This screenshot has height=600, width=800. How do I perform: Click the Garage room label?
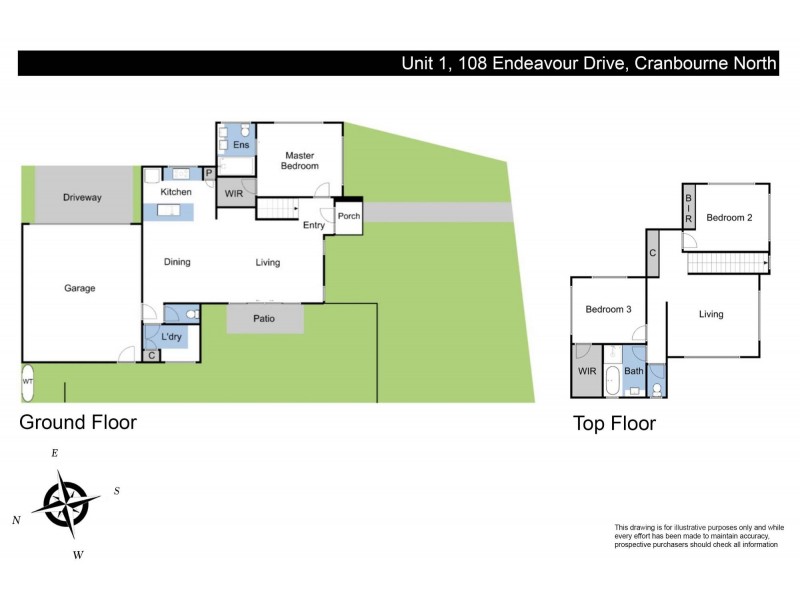(80, 288)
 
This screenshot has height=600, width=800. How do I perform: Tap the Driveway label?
(82, 198)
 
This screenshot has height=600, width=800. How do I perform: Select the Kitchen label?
(176, 192)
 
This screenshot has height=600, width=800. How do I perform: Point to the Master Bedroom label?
(301, 160)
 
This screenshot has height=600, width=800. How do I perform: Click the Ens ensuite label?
(240, 146)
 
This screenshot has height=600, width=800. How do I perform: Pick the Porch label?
(348, 216)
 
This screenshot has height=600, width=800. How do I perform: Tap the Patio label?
(264, 319)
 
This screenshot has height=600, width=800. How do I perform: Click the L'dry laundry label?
(171, 337)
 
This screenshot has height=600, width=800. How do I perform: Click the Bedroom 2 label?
(729, 217)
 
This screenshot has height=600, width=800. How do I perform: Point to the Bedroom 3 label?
(608, 310)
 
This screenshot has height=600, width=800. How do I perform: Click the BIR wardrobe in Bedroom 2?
(689, 208)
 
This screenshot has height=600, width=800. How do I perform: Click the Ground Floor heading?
(78, 422)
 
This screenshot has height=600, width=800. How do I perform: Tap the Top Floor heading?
(614, 424)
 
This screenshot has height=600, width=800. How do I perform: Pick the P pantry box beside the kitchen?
(209, 173)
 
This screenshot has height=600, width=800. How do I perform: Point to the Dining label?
(178, 263)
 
